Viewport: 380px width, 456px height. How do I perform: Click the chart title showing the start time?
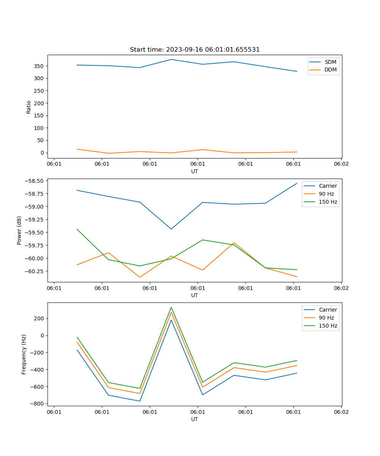point(195,50)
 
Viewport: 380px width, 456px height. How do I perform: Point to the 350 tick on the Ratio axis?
point(39,66)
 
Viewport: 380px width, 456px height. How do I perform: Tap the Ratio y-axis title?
point(29,107)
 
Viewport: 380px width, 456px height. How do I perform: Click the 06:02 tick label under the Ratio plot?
point(341,164)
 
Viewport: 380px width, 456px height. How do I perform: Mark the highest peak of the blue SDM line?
point(171,59)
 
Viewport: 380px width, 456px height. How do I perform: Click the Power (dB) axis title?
point(19,230)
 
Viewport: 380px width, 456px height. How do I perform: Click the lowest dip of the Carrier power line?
point(171,229)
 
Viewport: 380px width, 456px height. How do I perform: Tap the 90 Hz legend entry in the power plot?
point(326,194)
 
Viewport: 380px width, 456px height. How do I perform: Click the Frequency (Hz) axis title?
point(24,354)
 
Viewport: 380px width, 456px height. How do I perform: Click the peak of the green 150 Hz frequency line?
point(171,307)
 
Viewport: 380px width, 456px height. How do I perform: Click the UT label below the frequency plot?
point(195,420)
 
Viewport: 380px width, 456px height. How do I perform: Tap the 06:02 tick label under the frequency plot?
point(341,412)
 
